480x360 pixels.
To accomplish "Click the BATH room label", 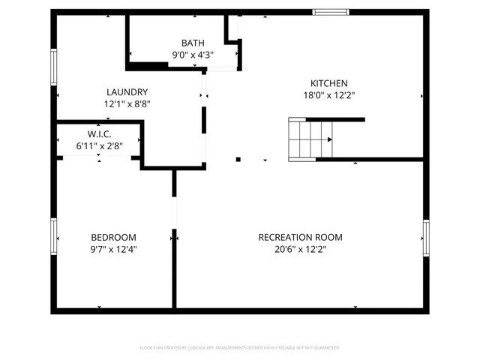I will coord(193,43).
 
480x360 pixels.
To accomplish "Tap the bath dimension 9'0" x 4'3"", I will coord(193,54).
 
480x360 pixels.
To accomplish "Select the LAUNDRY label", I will coord(127,92).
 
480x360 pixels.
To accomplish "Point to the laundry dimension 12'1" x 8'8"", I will coord(127,104).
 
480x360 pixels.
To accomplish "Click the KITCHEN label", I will coord(329,83).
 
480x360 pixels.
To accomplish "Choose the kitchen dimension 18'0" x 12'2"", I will coord(329,95).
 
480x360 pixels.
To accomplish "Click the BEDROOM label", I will coord(113,237).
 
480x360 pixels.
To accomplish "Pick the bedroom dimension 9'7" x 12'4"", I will coord(113,249).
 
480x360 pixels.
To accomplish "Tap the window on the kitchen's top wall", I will coord(331,11).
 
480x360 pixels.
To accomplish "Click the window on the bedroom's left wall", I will coord(53,236).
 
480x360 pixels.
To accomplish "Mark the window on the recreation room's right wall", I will coord(425,238).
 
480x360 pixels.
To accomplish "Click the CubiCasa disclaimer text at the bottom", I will coord(240,348).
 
